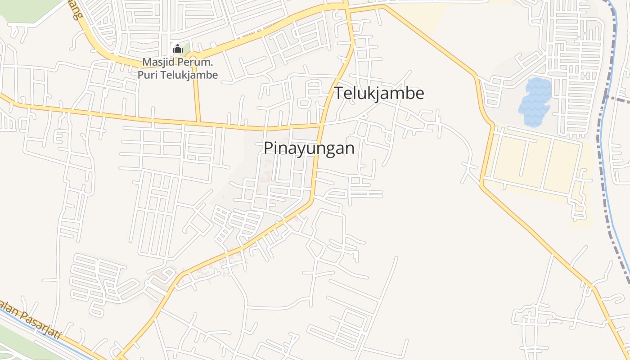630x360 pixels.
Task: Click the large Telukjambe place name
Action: click(x=379, y=93)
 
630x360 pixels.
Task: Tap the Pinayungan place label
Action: click(x=309, y=148)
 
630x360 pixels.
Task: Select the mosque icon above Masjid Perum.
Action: click(x=177, y=49)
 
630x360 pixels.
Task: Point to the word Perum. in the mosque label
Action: click(x=197, y=62)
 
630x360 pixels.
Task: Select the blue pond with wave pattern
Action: click(x=535, y=102)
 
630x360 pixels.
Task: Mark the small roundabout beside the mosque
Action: click(x=194, y=58)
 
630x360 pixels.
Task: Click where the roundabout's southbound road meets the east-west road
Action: click(x=198, y=122)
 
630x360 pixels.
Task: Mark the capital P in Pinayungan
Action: click(x=269, y=148)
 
